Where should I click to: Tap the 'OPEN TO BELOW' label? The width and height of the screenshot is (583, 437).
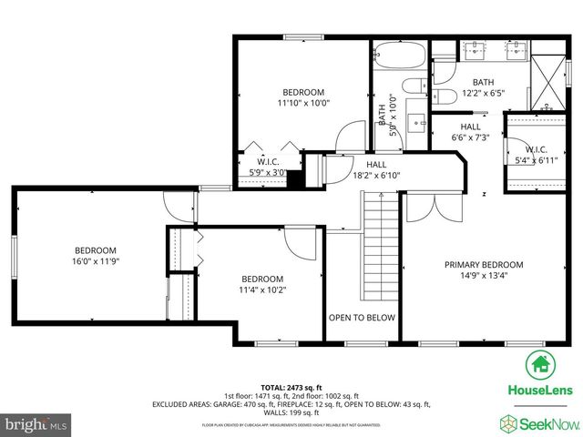tap(363, 318)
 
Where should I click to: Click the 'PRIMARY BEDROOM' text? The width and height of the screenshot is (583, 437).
tap(484, 265)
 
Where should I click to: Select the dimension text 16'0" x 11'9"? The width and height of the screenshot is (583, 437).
tap(96, 261)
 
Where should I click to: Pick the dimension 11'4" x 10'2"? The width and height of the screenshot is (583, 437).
tap(262, 290)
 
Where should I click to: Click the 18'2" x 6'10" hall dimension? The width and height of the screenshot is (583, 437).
tap(376, 175)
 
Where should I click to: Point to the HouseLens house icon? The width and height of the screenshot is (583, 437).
tap(540, 365)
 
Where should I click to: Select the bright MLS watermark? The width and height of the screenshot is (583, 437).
tap(36, 424)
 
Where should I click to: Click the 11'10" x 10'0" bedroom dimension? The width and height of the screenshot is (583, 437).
tap(303, 103)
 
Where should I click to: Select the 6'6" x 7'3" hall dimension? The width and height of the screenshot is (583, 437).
tap(471, 137)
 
